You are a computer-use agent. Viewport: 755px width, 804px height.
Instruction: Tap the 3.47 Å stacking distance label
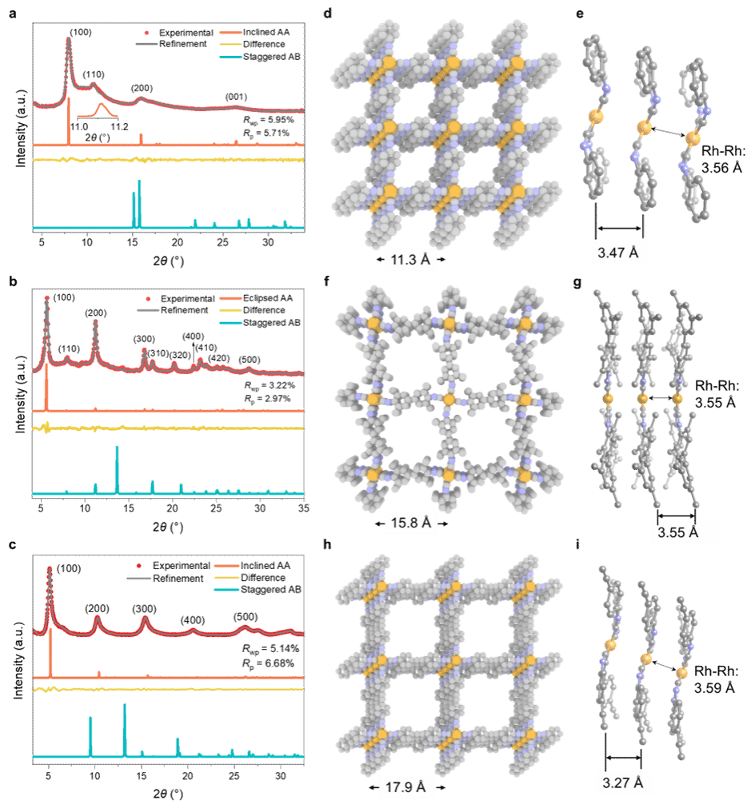point(617,253)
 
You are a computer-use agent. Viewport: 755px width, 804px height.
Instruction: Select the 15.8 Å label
point(411,523)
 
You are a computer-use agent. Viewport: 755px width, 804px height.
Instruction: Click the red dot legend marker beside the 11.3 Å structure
point(147,33)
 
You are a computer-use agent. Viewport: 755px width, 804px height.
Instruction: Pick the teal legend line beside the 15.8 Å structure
point(230,323)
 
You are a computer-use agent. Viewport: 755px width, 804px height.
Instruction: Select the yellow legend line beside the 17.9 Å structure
point(226,578)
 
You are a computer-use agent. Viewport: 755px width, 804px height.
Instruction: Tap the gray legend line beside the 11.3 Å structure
point(147,43)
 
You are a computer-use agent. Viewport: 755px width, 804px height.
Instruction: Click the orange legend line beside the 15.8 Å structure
point(230,300)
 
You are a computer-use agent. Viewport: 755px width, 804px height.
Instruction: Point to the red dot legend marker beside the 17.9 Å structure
point(138,566)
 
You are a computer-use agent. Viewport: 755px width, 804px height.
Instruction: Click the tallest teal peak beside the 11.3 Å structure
point(139,182)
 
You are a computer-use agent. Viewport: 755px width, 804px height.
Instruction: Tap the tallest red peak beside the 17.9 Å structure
point(50,569)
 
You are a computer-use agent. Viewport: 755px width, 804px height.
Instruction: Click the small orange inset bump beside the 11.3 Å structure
point(101,105)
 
